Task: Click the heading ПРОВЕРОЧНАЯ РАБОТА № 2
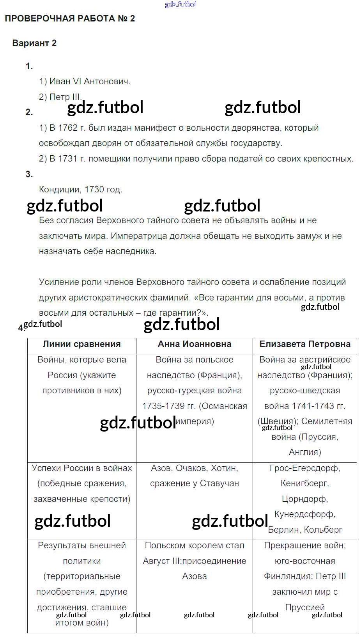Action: point(70,19)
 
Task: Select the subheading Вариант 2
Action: point(34,43)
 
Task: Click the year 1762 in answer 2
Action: point(68,128)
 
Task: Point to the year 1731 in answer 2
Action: point(68,159)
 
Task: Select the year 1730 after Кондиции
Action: point(94,190)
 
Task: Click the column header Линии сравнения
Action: point(82,344)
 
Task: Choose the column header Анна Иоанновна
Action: point(195,344)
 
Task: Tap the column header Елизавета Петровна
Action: point(305,344)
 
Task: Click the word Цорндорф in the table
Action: point(304,499)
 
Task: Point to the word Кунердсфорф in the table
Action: point(304,514)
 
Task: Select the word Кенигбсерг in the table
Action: point(304,483)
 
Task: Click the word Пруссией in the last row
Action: point(305,607)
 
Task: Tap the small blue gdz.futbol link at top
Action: point(180,4)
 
